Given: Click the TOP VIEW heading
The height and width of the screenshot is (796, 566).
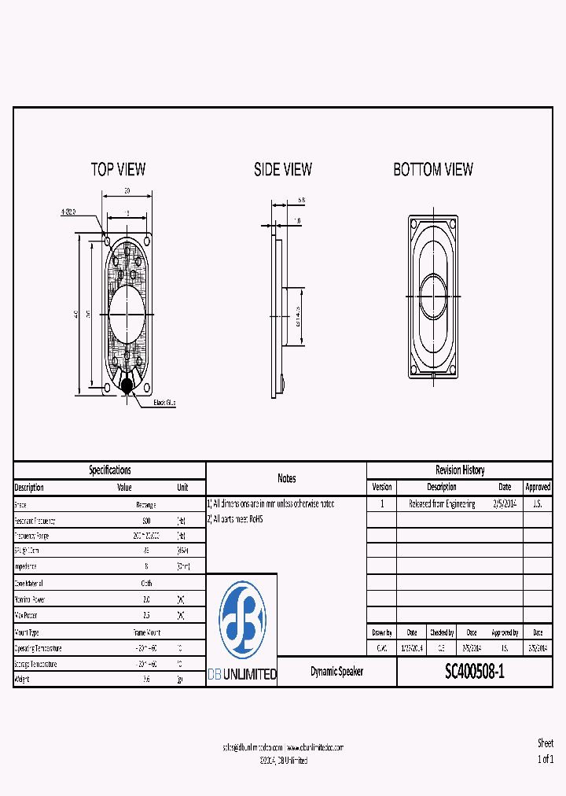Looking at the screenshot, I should pos(118,169).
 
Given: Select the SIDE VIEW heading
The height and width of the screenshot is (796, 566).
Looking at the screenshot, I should pos(282,169).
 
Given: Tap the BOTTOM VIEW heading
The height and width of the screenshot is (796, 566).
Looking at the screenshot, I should pos(433,169).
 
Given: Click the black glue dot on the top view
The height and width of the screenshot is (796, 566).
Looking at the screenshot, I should pos(127,385).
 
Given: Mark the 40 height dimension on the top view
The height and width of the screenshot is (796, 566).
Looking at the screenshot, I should pos(76,314).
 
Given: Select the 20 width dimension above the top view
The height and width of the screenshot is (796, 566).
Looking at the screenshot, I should pos(126,191).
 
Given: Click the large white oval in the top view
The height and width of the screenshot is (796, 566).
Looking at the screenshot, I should pos(127,313).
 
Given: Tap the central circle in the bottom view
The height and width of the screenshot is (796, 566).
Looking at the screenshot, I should pos(433,296).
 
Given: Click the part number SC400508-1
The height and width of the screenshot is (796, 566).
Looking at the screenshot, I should pos(475,672).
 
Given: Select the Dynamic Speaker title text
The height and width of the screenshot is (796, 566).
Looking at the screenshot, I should pos(336,672).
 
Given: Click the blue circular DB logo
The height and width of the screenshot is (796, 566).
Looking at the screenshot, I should pos(241,620).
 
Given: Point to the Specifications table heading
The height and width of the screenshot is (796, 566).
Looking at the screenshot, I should pos(109,470).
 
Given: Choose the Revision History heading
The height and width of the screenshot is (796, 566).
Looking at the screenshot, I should pos(460,470).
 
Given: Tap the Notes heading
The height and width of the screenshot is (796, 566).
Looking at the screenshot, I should pos(286,478).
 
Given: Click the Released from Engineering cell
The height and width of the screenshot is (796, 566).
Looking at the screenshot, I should pos(442,504).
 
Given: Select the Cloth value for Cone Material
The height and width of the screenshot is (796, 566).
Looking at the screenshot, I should pos(145,584).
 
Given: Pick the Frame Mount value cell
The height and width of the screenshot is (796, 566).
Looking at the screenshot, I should pos(145,632).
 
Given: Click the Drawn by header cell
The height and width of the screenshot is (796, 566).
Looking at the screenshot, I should pos(381,632).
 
